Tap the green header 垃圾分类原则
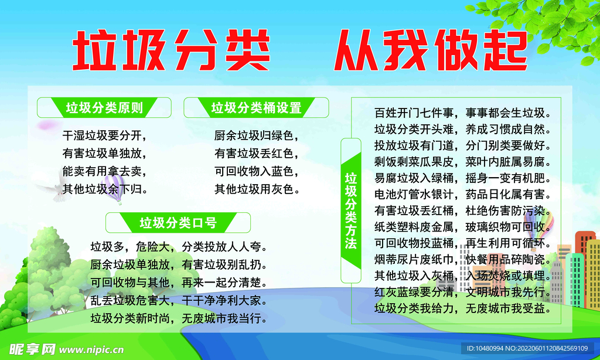click(x=104, y=108)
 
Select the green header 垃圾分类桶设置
click(x=256, y=108)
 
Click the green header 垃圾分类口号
click(x=178, y=223)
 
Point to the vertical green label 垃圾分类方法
click(x=350, y=210)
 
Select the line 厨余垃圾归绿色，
click(x=257, y=136)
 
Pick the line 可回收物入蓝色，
click(x=257, y=172)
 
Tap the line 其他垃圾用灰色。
click(x=257, y=189)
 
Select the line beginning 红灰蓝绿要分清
click(x=462, y=291)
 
